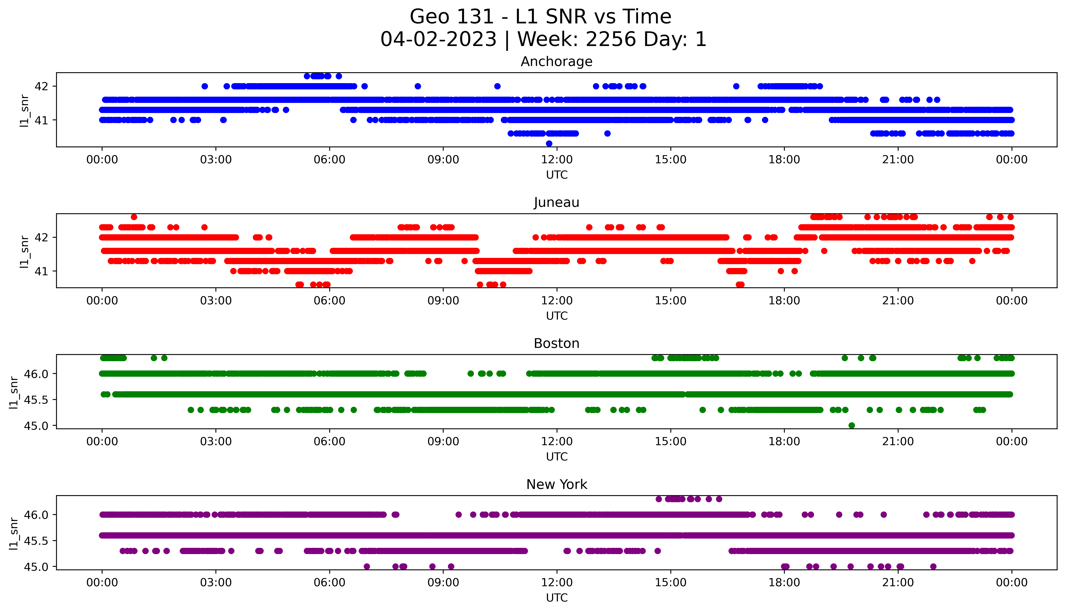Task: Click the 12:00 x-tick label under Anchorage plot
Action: tap(557, 160)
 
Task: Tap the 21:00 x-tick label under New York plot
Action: tap(898, 583)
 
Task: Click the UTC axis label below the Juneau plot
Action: tap(557, 316)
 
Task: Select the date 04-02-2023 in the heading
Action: tap(439, 40)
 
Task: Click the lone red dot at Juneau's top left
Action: tap(134, 217)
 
